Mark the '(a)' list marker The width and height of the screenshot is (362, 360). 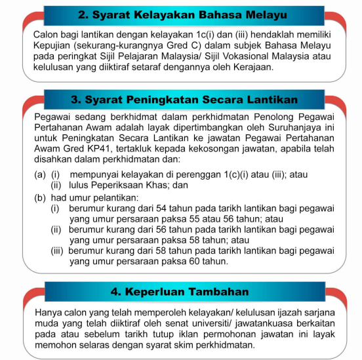pos(40,174)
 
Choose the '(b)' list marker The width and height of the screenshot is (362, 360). pos(40,197)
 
